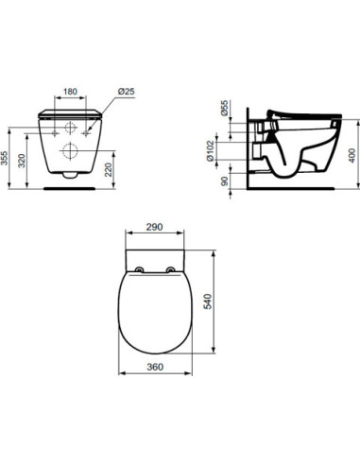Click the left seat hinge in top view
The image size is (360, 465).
tap(140, 270)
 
